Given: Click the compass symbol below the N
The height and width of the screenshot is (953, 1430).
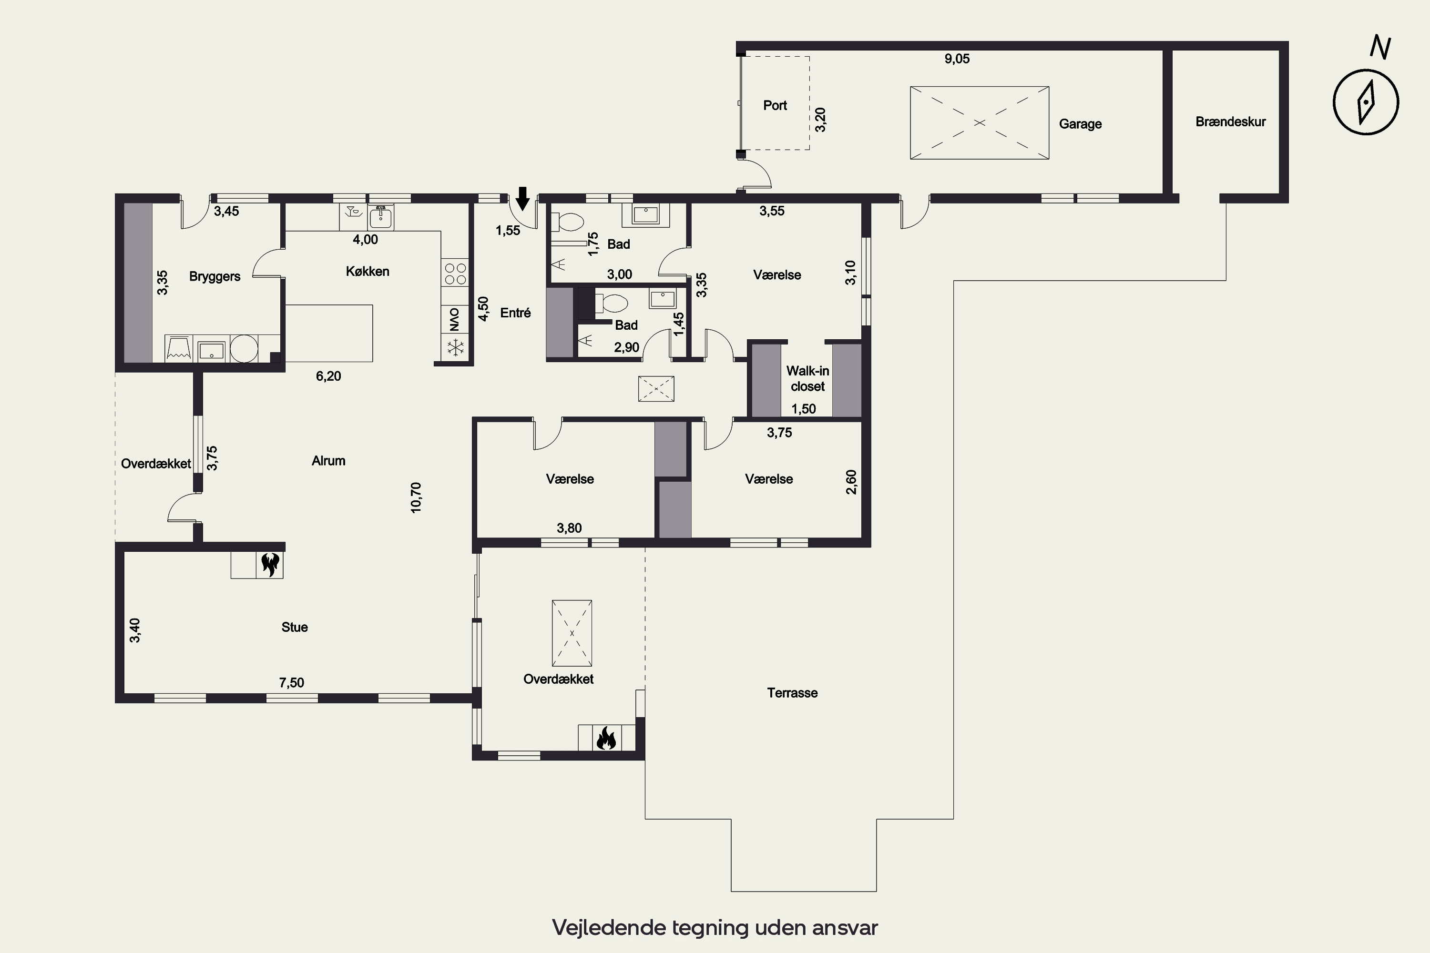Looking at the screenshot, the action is [1366, 102].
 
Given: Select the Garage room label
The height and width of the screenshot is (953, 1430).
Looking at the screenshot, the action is [1081, 124].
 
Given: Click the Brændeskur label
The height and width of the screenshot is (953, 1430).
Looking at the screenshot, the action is [1231, 122].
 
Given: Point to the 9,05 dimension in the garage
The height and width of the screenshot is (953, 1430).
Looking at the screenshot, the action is [957, 59].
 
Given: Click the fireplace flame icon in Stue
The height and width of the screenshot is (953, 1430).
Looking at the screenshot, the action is [270, 565].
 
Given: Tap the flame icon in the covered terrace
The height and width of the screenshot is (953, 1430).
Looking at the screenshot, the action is [606, 739].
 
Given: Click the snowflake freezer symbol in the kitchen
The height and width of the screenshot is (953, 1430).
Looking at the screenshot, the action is [455, 348].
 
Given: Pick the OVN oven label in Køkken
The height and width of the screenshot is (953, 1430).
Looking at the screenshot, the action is [455, 319].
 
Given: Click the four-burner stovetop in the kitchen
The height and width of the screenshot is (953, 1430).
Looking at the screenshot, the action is [455, 274].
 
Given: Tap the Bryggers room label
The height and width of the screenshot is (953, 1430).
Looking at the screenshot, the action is [214, 276].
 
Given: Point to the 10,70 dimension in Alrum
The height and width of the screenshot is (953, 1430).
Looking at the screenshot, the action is [416, 498].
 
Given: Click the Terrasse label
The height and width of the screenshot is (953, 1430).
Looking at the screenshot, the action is [792, 693].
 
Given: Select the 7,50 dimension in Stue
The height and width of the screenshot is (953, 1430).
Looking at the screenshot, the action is [291, 682].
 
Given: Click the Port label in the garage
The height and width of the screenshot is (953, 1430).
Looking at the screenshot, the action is [775, 105].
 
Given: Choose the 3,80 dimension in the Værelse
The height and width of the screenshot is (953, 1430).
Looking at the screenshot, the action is [569, 528].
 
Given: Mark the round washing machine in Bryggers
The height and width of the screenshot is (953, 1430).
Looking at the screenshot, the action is [244, 349].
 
